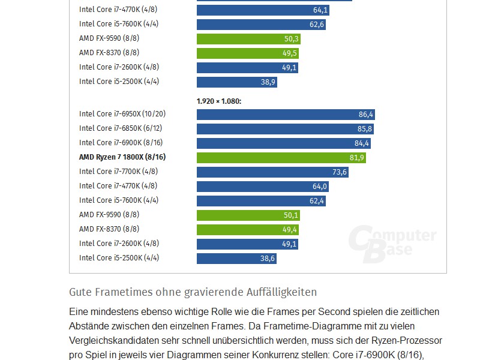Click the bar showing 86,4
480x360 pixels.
coord(286,114)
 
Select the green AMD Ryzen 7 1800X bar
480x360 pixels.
coord(281,157)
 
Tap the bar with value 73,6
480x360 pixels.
coord(272,172)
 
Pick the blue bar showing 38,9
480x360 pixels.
coord(236,82)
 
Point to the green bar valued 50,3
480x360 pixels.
coord(248,38)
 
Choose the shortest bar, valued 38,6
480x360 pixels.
coord(236,258)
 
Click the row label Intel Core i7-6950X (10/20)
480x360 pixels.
coord(122,114)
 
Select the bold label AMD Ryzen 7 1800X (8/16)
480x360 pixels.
coord(122,157)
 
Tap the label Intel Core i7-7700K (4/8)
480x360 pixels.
coord(119,172)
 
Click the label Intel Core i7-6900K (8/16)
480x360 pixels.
coord(121,143)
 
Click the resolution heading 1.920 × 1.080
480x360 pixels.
coord(218,101)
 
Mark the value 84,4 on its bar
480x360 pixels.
coord(362,143)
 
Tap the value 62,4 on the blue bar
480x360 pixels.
coord(317,200)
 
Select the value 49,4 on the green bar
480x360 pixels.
coord(290,229)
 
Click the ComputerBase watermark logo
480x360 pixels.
coord(393,243)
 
